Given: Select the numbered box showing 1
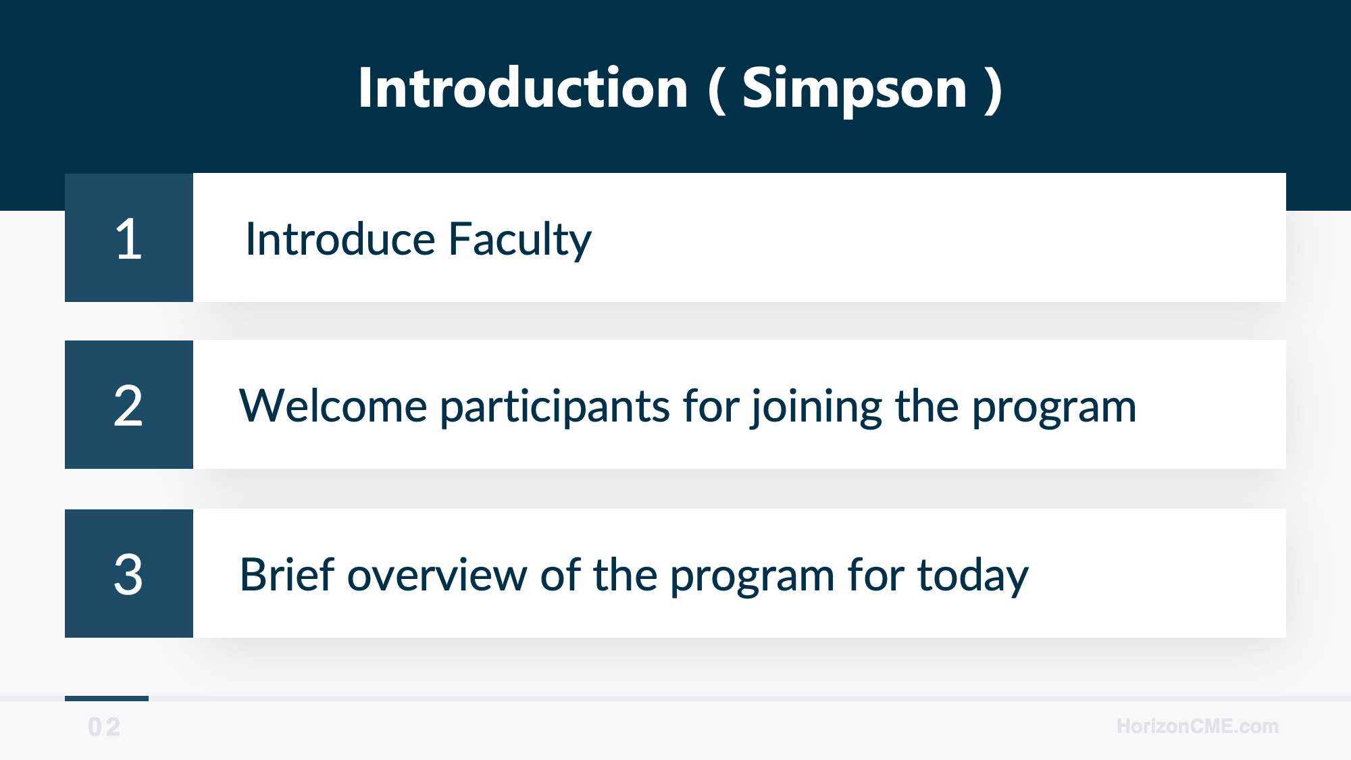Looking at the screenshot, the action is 129,238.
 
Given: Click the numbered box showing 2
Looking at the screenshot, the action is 129,405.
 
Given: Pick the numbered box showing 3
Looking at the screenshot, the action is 129,574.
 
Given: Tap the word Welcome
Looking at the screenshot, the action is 333,406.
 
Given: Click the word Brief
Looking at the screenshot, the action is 287,575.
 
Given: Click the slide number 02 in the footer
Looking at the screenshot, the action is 104,727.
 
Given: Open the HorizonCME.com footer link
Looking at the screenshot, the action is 1197,726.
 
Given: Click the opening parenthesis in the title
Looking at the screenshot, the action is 717,91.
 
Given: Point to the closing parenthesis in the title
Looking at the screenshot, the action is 993,91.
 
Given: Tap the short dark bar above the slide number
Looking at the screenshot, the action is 107,699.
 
